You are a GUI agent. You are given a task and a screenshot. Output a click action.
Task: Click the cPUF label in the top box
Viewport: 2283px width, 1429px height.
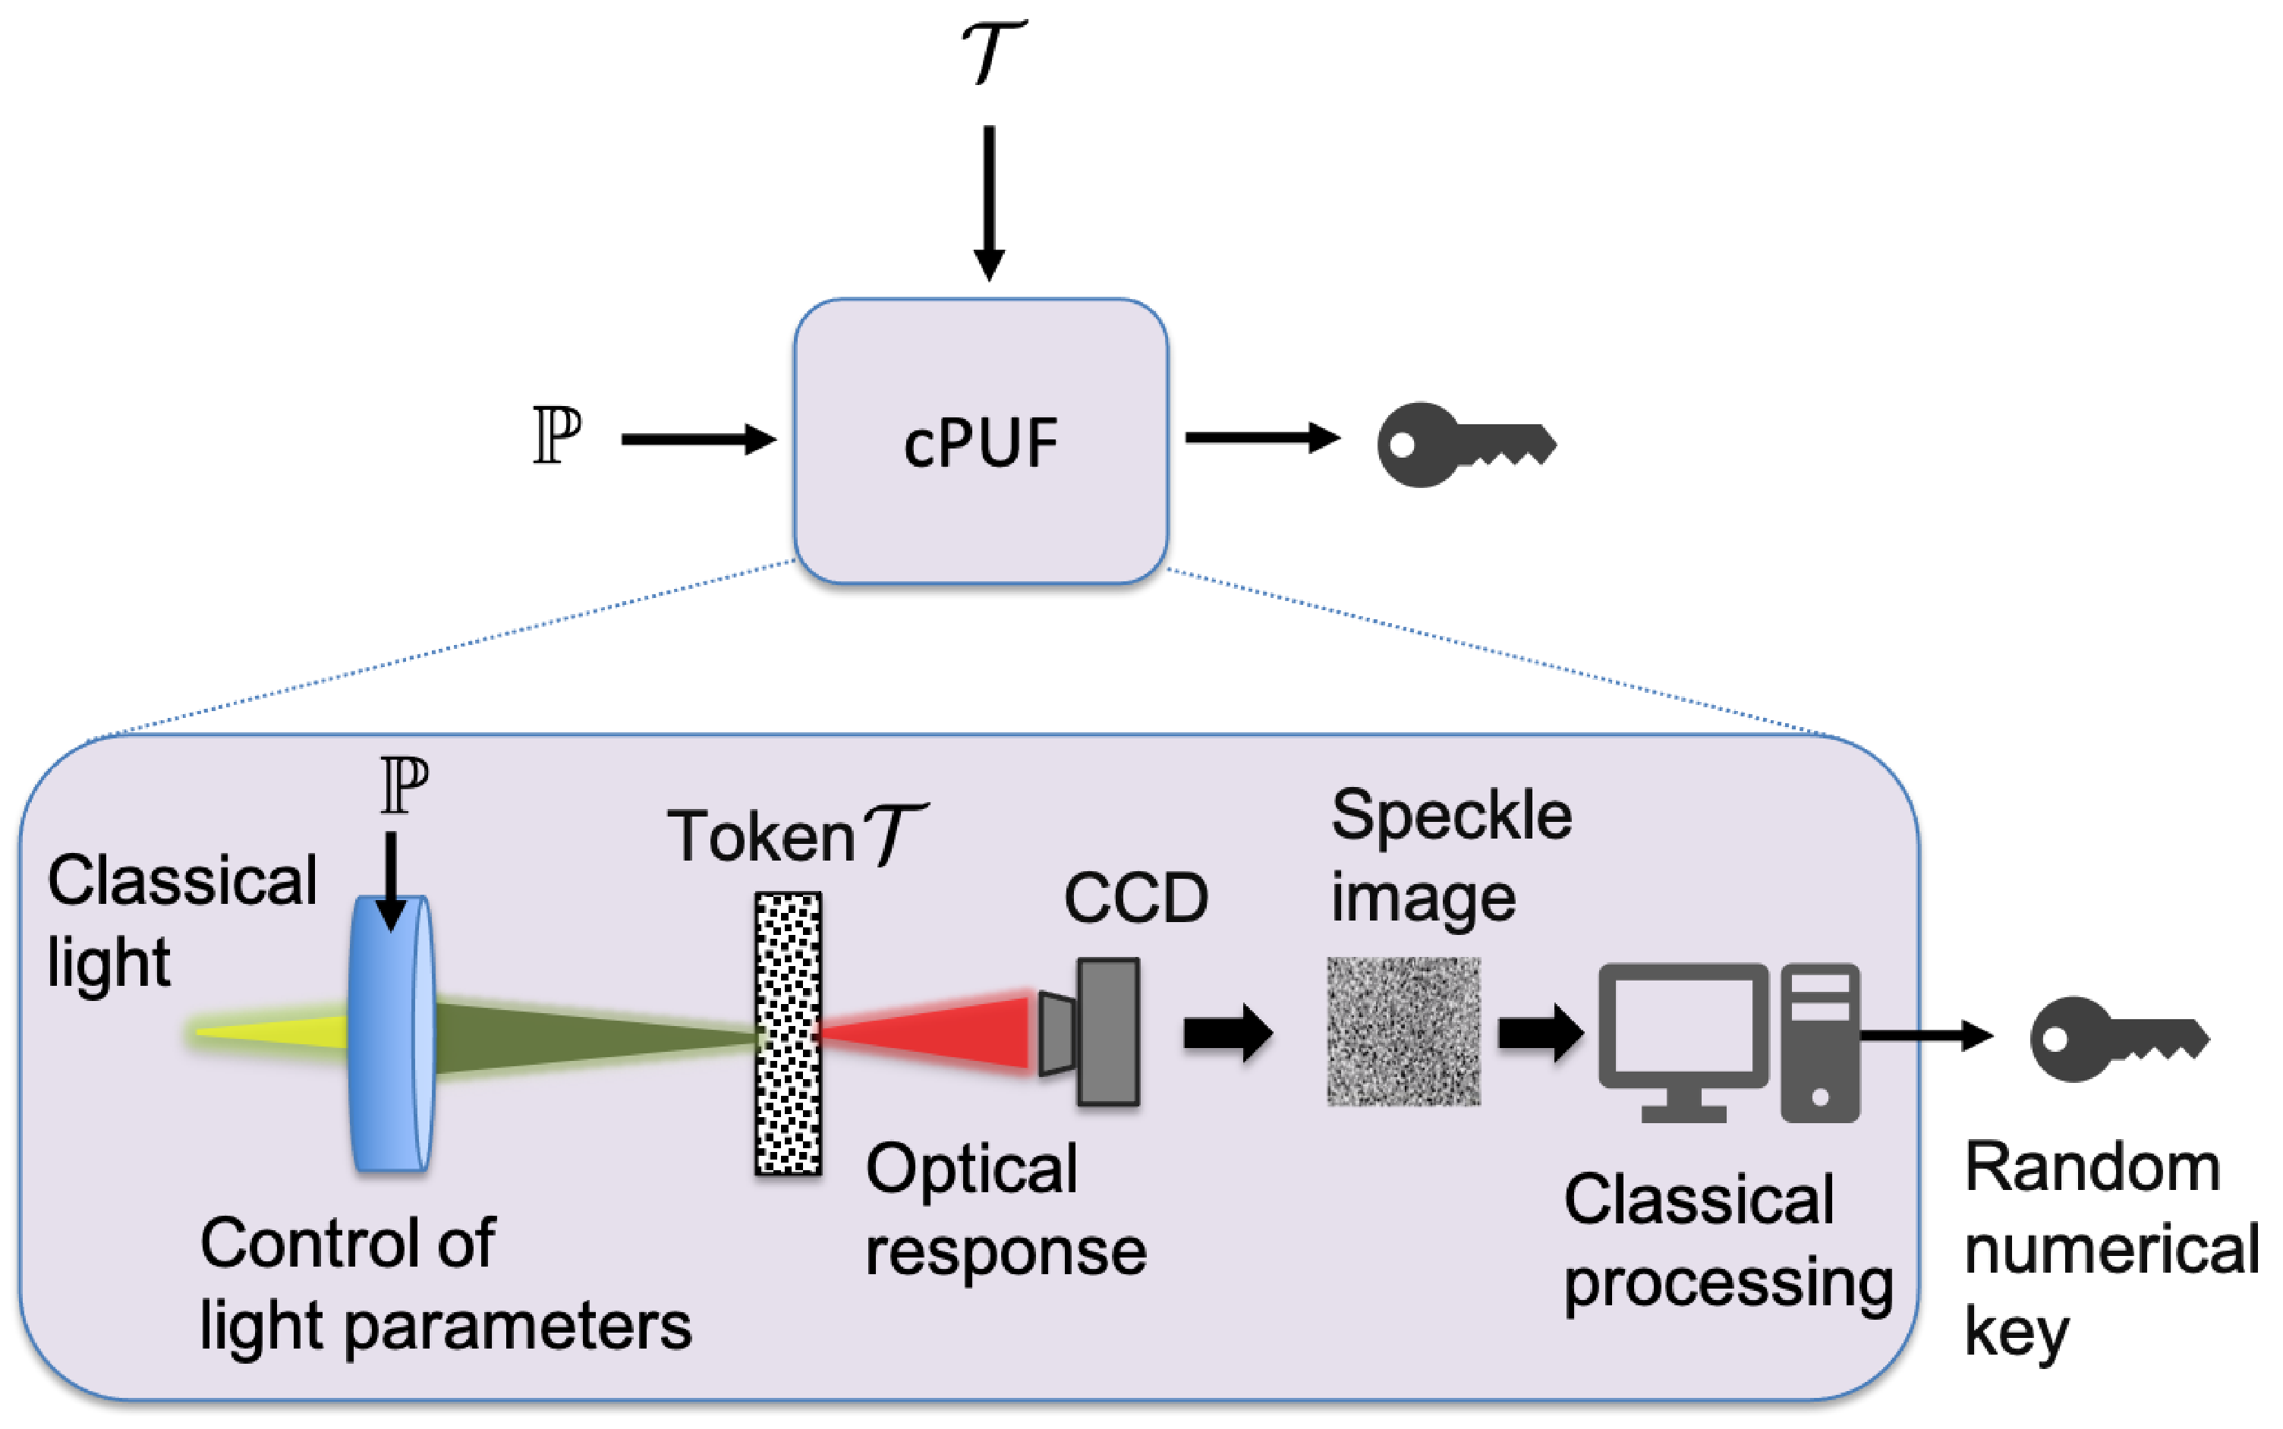pyautogui.click(x=980, y=442)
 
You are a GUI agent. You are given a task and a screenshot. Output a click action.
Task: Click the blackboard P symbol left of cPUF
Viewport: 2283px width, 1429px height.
pyautogui.click(x=556, y=436)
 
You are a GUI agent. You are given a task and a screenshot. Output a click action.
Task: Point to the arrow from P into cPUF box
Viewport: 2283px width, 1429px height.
pyautogui.click(x=697, y=439)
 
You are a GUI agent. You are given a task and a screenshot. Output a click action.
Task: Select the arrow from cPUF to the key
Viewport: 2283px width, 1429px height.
pyautogui.click(x=1261, y=438)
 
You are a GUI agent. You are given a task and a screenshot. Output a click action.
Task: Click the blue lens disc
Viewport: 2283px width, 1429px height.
pyautogui.click(x=390, y=1035)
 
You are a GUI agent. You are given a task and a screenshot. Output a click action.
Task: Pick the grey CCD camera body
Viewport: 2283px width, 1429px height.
pyautogui.click(x=1107, y=1032)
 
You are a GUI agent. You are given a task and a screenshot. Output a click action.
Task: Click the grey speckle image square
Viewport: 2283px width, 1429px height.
pyautogui.click(x=1403, y=1031)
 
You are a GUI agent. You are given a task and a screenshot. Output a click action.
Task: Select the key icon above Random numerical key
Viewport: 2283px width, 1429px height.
pyautogui.click(x=2117, y=1040)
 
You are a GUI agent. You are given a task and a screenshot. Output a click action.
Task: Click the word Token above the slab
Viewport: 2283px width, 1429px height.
pyautogui.click(x=760, y=837)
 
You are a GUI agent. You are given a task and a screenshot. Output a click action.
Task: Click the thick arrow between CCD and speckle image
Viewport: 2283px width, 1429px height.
pyautogui.click(x=1227, y=1033)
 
